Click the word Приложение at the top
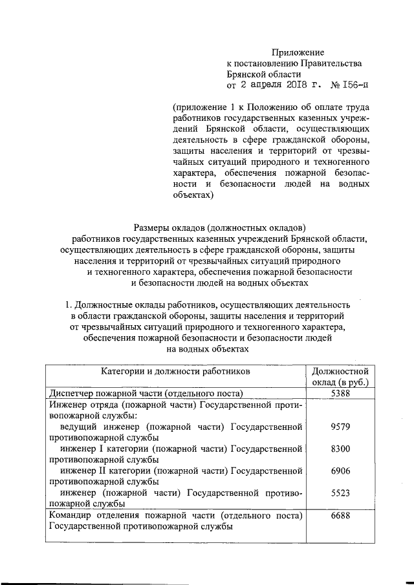[x=298, y=52]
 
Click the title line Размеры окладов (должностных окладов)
[x=219, y=227]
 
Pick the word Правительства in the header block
[x=330, y=63]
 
